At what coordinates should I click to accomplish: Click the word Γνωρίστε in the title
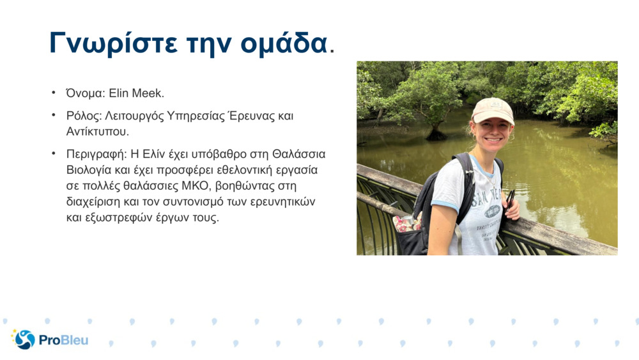pyautogui.click(x=114, y=43)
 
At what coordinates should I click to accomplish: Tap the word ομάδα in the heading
pyautogui.click(x=284, y=42)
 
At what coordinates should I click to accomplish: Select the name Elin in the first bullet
pyautogui.click(x=119, y=93)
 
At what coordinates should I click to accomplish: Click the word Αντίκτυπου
pyautogui.click(x=97, y=132)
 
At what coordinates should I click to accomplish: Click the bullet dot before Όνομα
pyautogui.click(x=54, y=93)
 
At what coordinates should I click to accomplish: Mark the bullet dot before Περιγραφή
pyautogui.click(x=54, y=153)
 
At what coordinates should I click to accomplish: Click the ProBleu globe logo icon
pyautogui.click(x=24, y=339)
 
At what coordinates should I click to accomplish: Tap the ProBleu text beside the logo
pyautogui.click(x=63, y=340)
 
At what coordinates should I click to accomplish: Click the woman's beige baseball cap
pyautogui.click(x=493, y=110)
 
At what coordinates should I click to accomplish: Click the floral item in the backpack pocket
pyautogui.click(x=406, y=223)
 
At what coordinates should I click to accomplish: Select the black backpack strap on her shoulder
pyautogui.click(x=465, y=184)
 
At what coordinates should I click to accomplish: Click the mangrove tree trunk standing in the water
pyautogui.click(x=436, y=130)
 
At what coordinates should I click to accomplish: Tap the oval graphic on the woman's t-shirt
pyautogui.click(x=492, y=211)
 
